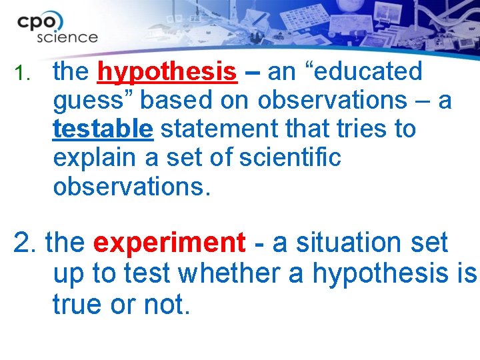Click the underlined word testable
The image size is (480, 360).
(x=103, y=129)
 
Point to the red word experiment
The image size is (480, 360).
(x=169, y=243)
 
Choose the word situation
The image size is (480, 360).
(x=346, y=243)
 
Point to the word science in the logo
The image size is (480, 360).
(x=67, y=37)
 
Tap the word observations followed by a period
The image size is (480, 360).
(x=131, y=187)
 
